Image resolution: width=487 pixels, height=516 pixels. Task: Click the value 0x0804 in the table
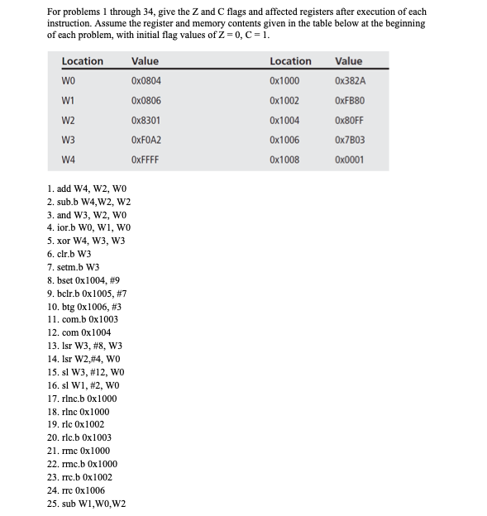tap(146, 81)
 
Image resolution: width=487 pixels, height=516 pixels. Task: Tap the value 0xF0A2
tap(146, 140)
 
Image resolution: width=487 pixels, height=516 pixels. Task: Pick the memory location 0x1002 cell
tap(284, 101)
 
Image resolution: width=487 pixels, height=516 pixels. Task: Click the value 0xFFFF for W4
tap(145, 160)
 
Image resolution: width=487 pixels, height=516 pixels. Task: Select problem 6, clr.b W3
tap(69, 255)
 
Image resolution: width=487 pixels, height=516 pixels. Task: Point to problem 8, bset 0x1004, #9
tap(85, 280)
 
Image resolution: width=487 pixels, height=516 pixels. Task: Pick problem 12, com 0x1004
tap(79, 332)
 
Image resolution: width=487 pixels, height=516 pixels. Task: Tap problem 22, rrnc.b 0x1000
tap(83, 464)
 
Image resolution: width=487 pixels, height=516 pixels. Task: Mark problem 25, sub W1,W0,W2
tap(86, 503)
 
